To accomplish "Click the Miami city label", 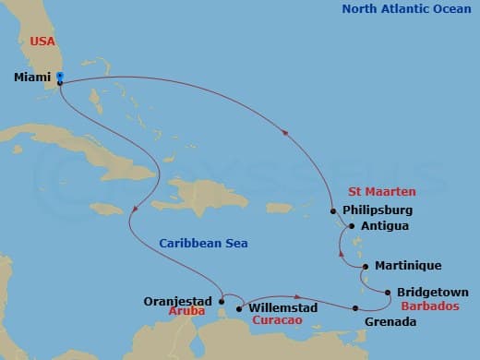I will pyautogui.click(x=32, y=78).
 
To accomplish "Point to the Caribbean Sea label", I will pyautogui.click(x=202, y=244).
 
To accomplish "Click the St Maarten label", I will pyautogui.click(x=381, y=192).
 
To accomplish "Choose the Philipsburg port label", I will pyautogui.click(x=378, y=210).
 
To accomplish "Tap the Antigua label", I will pyautogui.click(x=386, y=225).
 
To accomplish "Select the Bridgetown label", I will pyautogui.click(x=432, y=293).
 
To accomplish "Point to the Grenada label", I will pyautogui.click(x=390, y=321).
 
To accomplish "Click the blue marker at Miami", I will pyautogui.click(x=59, y=76).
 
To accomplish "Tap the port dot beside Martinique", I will pyautogui.click(x=366, y=266).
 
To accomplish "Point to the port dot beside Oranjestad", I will pyautogui.click(x=222, y=300).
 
